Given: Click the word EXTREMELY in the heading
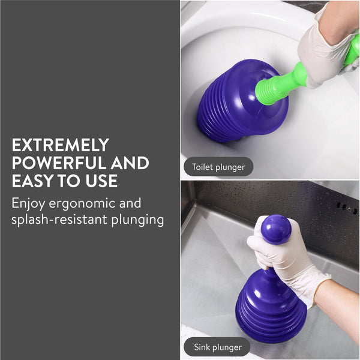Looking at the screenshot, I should click(60, 145).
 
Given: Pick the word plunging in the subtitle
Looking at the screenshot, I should click(139, 220).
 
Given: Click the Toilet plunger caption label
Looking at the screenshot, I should click(218, 167).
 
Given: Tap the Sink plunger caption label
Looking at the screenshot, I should click(217, 347).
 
